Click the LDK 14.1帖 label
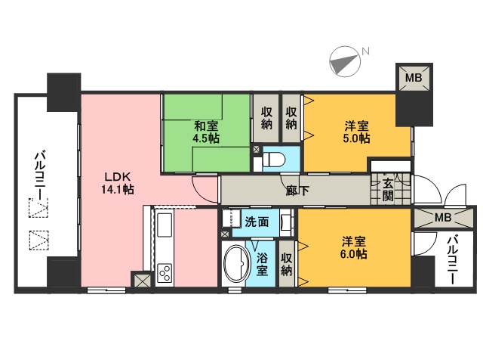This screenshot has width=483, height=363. point(118,184)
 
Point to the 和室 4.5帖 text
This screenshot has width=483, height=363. point(205,132)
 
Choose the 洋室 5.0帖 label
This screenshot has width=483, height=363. point(355,132)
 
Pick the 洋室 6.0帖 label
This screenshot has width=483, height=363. point(353,248)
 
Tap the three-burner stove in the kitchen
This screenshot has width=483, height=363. point(165,272)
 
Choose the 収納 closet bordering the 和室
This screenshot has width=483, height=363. point(266,118)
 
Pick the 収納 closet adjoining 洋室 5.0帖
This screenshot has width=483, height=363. point(291,118)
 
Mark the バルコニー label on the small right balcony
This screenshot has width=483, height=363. point(452,259)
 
